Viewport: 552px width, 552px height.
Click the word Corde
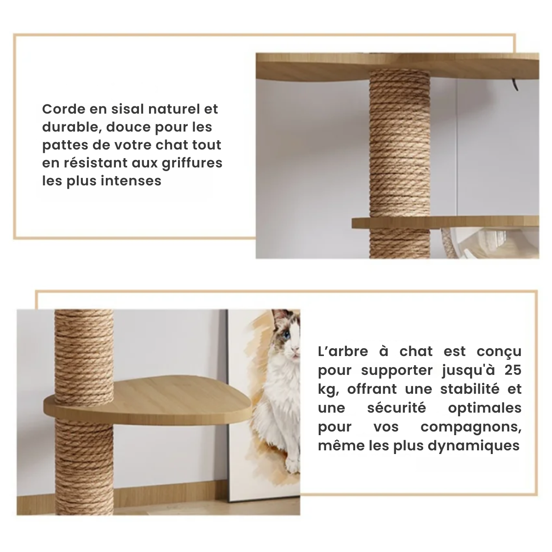pos(63,109)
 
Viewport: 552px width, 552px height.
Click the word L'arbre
pos(343,352)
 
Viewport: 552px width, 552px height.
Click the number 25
pos(512,370)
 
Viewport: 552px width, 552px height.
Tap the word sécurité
pos(397,408)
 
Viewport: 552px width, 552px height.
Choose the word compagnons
pos(471,427)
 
